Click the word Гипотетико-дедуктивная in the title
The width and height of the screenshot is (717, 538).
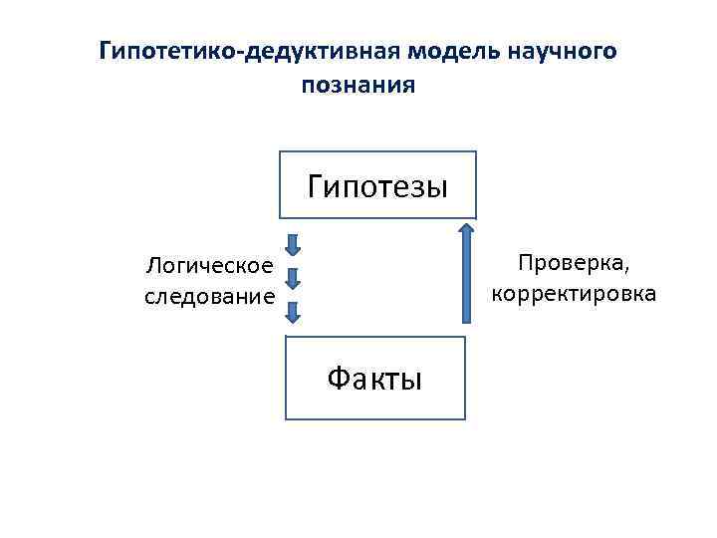239,52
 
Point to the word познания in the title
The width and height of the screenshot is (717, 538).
358,86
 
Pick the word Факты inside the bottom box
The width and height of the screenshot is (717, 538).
374,379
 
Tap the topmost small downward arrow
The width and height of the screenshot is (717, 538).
293,244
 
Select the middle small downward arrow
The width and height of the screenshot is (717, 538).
293,278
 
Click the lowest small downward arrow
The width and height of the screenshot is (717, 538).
293,312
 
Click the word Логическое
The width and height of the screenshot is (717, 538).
209,266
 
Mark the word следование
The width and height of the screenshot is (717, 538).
209,296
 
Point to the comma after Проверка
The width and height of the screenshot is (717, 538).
627,269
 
